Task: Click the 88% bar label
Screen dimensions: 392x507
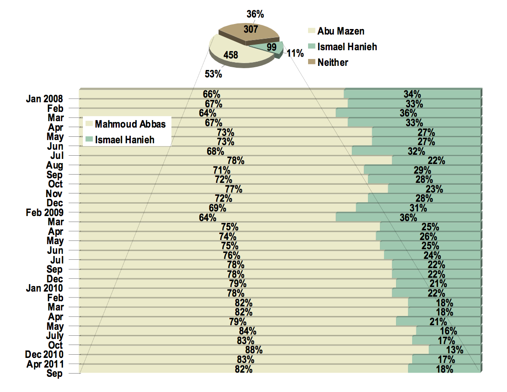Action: tap(254, 351)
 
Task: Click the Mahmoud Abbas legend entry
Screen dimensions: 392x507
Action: tap(130, 124)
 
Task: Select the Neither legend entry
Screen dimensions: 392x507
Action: tap(332, 62)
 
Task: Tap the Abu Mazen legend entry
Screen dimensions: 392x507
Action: tap(341, 31)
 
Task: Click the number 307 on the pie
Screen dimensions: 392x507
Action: tap(251, 30)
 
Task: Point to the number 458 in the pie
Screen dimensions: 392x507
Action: tap(230, 55)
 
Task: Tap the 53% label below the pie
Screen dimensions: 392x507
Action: tap(213, 73)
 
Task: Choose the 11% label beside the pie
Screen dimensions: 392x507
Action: tap(295, 53)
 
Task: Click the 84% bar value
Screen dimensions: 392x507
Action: tap(247, 331)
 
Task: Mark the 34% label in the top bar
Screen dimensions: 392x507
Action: tap(413, 94)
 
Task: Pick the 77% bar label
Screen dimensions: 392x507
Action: tap(233, 189)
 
